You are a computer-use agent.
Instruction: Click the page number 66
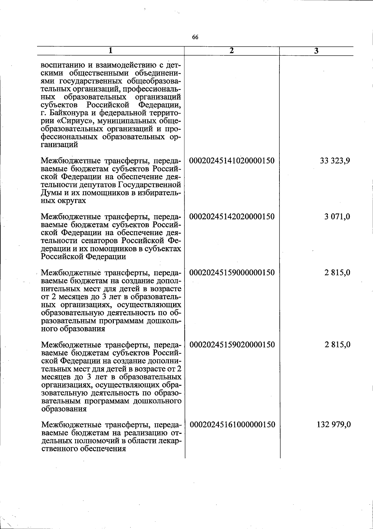(x=195, y=37)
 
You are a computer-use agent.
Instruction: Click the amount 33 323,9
(x=335, y=161)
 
